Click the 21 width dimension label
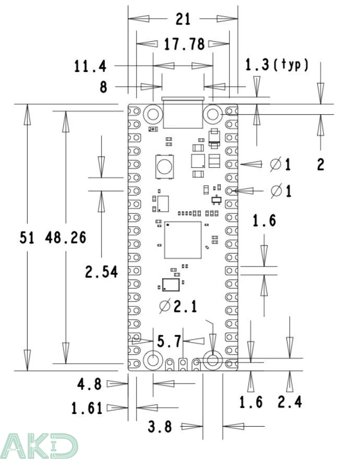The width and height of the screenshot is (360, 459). coord(183,19)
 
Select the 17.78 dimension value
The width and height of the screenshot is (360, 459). coord(184,44)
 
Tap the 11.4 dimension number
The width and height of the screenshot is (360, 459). coord(90,66)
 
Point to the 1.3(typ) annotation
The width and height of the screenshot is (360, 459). coord(277,65)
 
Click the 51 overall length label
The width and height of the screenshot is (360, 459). coord(27,238)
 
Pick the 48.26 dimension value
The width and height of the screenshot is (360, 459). coord(66,238)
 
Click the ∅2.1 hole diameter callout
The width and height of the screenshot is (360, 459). coord(178,307)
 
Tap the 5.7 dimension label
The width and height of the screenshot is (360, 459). coord(169,342)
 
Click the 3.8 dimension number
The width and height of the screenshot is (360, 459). coord(160,427)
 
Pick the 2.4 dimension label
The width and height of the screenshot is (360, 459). coord(290,402)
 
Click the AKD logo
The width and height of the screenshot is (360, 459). coord(39,445)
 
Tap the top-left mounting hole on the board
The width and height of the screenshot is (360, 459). coord(153,113)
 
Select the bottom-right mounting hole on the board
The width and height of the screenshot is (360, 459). coord(213,360)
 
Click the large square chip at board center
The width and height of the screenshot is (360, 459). coord(183,240)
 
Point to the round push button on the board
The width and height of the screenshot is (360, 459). coord(164,167)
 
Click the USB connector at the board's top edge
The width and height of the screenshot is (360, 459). coord(183,112)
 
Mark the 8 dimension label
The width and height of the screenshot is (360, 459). coord(103,87)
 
